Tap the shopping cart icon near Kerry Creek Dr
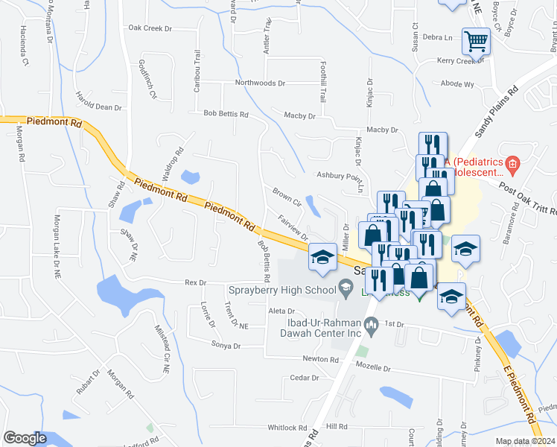click(476, 42)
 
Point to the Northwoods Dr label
click(260, 83)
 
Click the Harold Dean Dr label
click(98, 107)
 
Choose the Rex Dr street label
click(194, 282)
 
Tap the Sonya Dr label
click(226, 346)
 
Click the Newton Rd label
click(320, 359)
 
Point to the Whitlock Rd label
click(287, 428)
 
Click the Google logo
click(25, 438)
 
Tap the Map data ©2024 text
click(526, 441)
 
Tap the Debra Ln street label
click(437, 37)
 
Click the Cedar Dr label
click(304, 378)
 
